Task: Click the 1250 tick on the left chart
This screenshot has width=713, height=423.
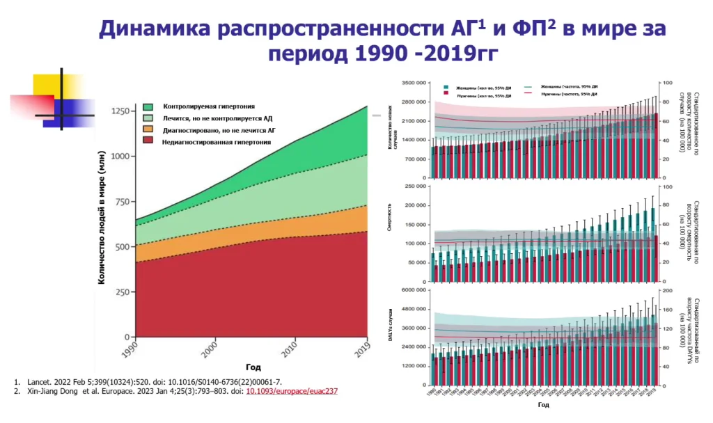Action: pyautogui.click(x=120, y=111)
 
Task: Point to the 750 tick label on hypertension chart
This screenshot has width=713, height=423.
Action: pyautogui.click(x=123, y=202)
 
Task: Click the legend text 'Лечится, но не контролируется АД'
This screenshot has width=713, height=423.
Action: pyautogui.click(x=217, y=118)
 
